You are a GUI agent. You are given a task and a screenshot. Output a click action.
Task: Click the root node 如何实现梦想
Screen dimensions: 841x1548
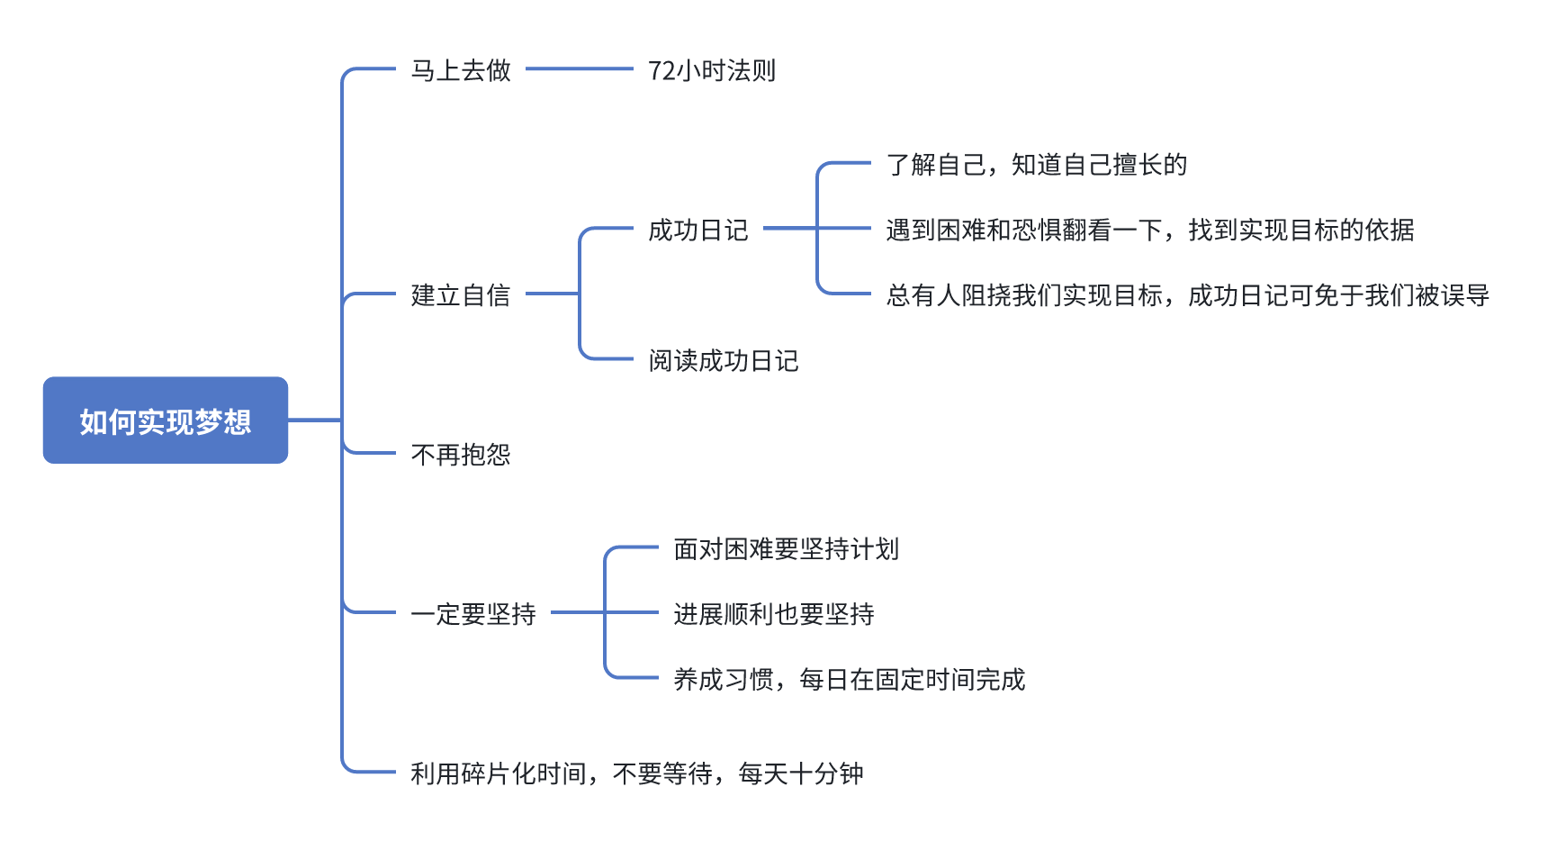[x=166, y=420]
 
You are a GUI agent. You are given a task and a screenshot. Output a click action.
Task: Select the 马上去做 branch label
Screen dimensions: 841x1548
[x=461, y=70]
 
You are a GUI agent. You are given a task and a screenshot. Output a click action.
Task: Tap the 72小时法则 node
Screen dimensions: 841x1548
[x=711, y=70]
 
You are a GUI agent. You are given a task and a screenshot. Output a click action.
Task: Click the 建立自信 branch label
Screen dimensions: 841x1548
[x=461, y=294]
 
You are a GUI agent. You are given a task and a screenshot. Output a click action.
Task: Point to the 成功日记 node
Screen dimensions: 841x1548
[x=698, y=230]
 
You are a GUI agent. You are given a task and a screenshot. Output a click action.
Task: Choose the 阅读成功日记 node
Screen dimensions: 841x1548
[x=724, y=360]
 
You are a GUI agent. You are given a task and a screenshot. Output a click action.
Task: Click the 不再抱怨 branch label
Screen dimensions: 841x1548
[x=461, y=454]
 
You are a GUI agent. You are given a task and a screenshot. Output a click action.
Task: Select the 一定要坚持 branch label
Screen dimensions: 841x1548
[x=473, y=614]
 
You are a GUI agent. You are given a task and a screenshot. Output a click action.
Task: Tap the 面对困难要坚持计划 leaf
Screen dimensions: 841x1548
[x=786, y=548]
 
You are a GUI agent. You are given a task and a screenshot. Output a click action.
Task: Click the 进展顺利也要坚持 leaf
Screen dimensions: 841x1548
[x=774, y=614]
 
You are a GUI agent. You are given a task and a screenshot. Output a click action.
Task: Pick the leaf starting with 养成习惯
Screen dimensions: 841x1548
[x=849, y=679]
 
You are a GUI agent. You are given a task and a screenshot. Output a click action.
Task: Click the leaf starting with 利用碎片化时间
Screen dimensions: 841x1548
[x=636, y=773]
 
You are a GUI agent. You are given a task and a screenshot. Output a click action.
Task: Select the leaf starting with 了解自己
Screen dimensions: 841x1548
[x=1036, y=164]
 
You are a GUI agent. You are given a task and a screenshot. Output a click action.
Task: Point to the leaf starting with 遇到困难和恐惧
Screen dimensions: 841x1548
[x=1149, y=230]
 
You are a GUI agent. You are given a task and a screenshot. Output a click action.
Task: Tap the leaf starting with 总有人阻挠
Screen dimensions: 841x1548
[x=1187, y=294]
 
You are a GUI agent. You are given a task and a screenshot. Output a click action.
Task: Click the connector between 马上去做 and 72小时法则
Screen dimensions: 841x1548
[x=580, y=68]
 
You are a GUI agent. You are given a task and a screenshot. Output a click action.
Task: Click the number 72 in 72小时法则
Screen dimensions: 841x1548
[x=661, y=70]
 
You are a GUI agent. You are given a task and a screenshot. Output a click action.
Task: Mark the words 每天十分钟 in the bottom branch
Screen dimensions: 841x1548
[x=801, y=773]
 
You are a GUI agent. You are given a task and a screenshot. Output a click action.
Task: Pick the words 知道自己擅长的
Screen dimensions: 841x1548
[x=1099, y=164]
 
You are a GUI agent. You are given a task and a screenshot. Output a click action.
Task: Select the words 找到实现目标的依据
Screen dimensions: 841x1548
[x=1300, y=230]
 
